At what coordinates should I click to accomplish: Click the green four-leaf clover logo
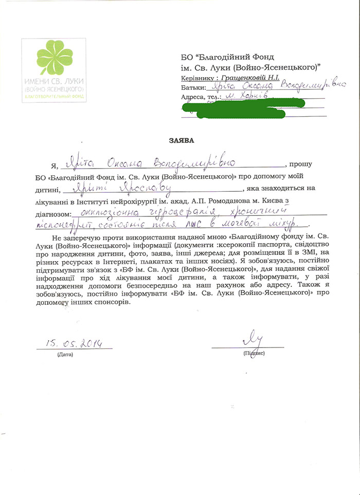click(x=53, y=58)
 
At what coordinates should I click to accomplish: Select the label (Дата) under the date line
click(x=65, y=354)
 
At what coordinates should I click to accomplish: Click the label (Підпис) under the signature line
click(x=254, y=354)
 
